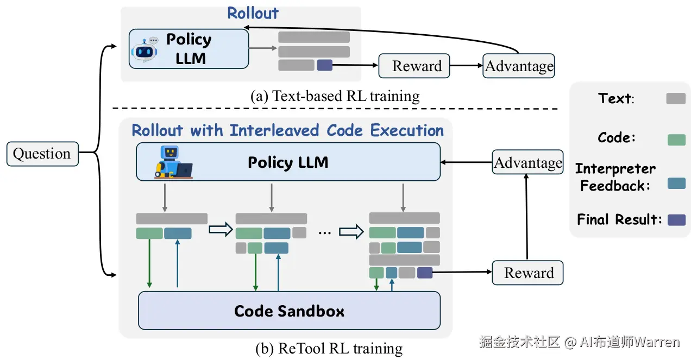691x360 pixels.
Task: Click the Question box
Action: [x=42, y=154]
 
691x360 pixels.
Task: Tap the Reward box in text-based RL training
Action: [x=414, y=66]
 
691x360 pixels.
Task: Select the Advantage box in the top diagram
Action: [x=518, y=66]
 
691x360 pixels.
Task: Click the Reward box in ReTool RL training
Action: [x=527, y=273]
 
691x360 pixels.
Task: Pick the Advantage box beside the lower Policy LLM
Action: [x=527, y=162]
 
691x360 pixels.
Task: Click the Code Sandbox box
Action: [x=289, y=311]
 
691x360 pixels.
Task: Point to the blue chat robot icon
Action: [x=145, y=50]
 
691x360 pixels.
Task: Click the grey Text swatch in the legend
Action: [x=676, y=98]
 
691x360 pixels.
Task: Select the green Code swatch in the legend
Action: [x=676, y=140]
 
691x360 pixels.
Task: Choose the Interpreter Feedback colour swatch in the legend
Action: [x=676, y=183]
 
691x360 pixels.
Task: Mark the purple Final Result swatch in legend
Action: [x=676, y=220]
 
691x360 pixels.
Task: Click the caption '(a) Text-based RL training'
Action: [x=335, y=96]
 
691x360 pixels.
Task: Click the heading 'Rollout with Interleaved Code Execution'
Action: [x=288, y=131]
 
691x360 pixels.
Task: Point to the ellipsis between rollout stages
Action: [x=324, y=232]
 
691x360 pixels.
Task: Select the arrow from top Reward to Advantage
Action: [x=466, y=66]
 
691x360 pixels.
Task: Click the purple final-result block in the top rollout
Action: [x=324, y=65]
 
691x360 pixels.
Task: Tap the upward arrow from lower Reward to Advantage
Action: [x=526, y=217]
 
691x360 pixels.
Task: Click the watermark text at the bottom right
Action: [x=579, y=342]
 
